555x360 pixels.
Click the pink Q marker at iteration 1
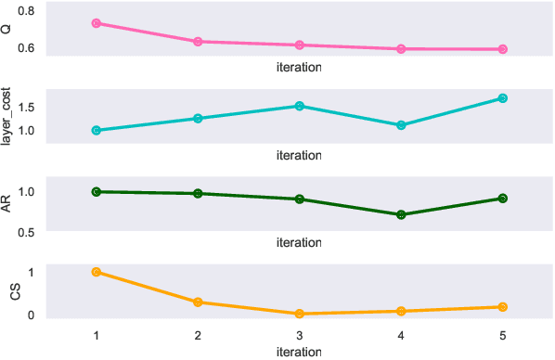[96, 23]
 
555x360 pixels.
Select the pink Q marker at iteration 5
[503, 49]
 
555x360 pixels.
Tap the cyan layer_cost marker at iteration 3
[299, 106]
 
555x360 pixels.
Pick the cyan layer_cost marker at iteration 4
[401, 125]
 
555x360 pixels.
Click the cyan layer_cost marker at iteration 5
[503, 98]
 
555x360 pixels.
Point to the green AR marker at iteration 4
[401, 214]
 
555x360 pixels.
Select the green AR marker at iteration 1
[96, 191]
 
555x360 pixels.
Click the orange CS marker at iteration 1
[96, 272]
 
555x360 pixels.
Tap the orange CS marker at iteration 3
[299, 315]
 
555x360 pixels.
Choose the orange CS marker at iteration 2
[198, 302]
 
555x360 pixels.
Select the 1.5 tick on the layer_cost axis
[25, 107]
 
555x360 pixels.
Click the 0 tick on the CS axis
[31, 315]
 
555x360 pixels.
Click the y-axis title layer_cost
[7, 115]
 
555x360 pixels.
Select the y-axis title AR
[7, 204]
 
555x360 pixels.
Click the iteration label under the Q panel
[299, 68]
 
